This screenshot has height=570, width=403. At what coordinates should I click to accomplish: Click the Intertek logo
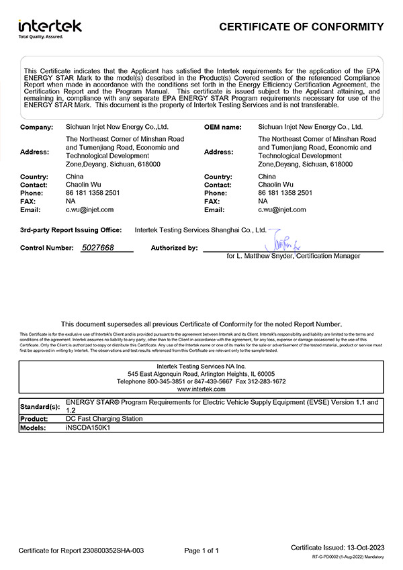(50, 26)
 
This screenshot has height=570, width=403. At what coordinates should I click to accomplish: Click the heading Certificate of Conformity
(302, 27)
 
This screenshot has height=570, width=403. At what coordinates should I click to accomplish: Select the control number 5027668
(97, 248)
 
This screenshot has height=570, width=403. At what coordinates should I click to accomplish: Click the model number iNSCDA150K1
(85, 428)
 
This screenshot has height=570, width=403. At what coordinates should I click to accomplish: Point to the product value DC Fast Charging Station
(104, 418)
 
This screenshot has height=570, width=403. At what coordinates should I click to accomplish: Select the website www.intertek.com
(201, 389)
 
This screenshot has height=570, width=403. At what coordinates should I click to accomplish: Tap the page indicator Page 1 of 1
(201, 551)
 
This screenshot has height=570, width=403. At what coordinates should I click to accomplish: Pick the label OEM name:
(222, 126)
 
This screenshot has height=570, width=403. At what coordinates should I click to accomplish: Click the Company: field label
(36, 126)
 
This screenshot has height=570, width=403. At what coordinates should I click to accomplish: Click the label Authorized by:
(174, 248)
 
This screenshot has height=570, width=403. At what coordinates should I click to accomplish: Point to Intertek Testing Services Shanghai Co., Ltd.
(201, 229)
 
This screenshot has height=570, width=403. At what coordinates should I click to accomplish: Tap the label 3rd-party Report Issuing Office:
(71, 230)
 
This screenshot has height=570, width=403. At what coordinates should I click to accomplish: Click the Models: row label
(33, 428)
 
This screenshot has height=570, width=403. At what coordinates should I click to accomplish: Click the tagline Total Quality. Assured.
(40, 37)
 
